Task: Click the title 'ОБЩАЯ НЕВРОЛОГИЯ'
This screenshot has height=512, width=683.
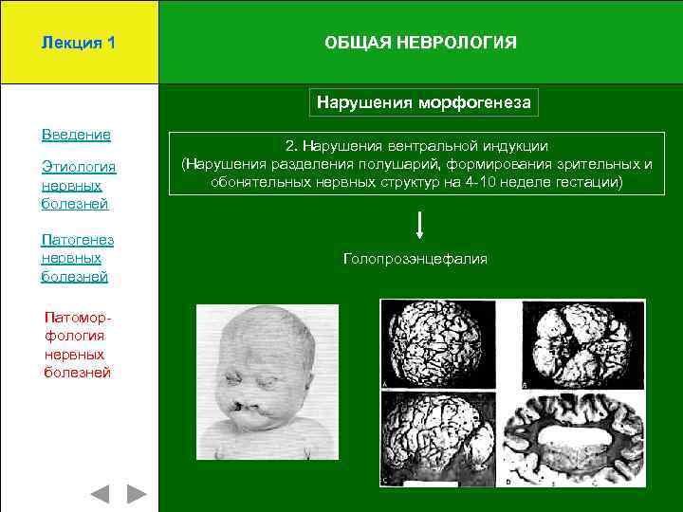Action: (420, 44)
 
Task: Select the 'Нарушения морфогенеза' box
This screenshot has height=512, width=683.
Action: (423, 101)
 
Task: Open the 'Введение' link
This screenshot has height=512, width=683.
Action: (76, 135)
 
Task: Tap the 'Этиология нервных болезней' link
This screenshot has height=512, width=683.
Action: (78, 185)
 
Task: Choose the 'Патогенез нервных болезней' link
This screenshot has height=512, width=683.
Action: (77, 258)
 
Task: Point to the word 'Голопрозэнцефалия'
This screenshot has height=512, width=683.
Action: (415, 258)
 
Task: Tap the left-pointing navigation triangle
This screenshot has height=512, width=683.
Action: (100, 494)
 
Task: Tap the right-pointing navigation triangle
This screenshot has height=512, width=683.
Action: (137, 494)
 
